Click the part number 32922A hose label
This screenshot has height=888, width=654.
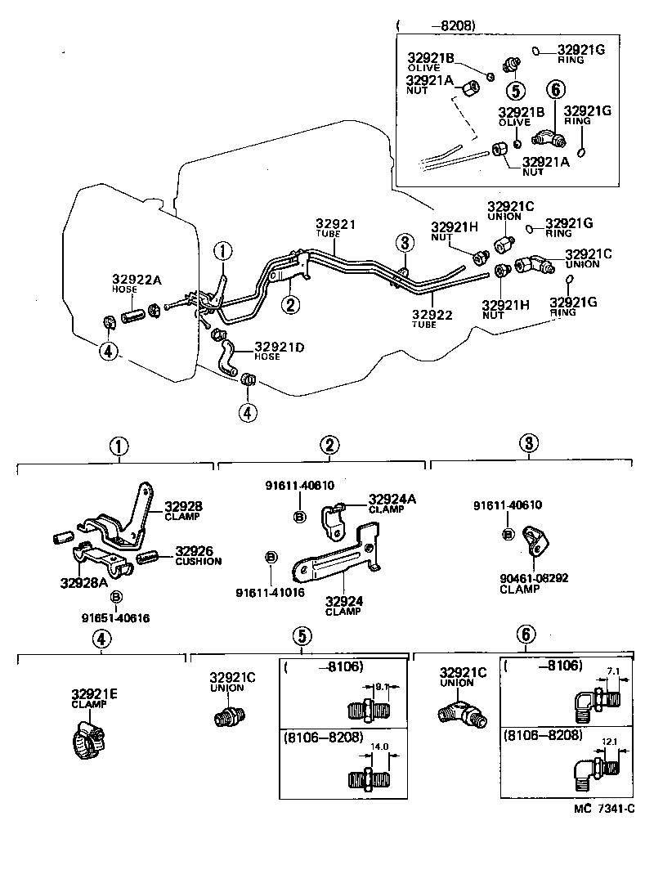137,280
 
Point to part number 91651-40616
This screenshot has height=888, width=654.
116,618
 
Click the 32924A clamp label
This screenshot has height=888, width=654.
392,499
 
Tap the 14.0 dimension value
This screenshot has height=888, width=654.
378,747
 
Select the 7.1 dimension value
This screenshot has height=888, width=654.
611,671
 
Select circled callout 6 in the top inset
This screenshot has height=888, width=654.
554,90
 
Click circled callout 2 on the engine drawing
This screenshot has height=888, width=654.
289,305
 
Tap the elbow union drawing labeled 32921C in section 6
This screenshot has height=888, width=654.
459,710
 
